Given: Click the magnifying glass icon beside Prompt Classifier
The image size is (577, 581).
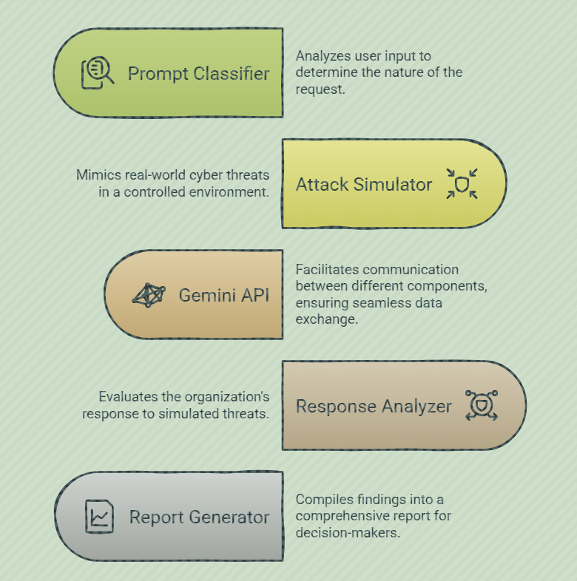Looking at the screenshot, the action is click(98, 72).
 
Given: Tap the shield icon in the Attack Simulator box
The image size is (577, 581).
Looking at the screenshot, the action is click(462, 184).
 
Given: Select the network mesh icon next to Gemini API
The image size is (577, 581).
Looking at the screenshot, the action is click(149, 296).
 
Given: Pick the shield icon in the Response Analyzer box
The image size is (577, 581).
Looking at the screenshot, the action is click(482, 405).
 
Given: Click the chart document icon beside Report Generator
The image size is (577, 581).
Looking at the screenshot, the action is click(99, 517).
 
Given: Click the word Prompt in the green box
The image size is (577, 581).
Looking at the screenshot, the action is click(158, 74).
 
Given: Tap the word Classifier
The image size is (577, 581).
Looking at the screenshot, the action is click(232, 73).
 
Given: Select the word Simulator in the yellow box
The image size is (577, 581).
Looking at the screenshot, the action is click(393, 184).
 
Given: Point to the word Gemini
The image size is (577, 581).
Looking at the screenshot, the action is click(207, 296).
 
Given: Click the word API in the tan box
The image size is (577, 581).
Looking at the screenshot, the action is click(255, 296).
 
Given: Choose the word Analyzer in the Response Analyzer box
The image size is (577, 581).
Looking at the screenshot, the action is click(416, 407).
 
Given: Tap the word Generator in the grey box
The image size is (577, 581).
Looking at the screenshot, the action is click(229, 517).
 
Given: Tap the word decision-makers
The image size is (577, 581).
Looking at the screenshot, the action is click(348, 532).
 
